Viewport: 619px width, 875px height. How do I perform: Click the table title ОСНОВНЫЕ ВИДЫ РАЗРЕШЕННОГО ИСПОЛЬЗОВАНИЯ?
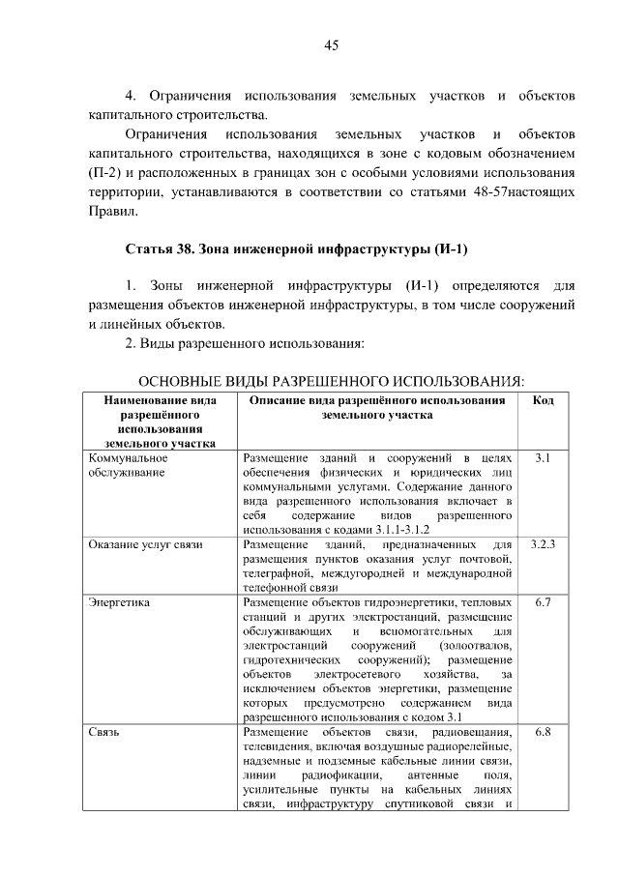point(330,381)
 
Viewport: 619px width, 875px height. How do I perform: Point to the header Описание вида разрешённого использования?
point(377,407)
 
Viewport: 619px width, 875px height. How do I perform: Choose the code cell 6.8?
point(543,733)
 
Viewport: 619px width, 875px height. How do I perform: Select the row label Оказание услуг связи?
point(145,545)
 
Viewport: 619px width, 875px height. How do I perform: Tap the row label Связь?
point(103,733)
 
